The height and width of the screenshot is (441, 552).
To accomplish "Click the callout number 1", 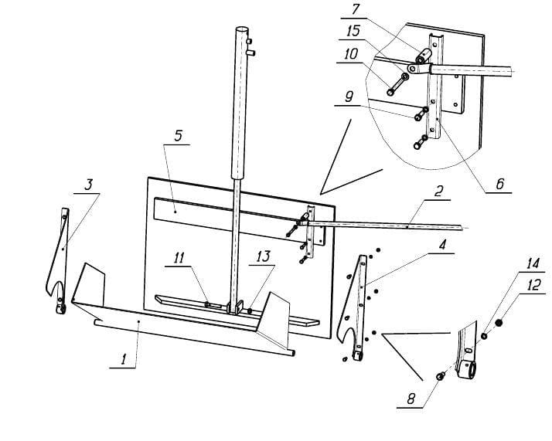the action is pyautogui.click(x=123, y=360).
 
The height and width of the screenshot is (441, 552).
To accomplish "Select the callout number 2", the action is pyautogui.click(x=438, y=192).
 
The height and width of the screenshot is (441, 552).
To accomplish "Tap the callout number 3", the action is pyautogui.click(x=88, y=185).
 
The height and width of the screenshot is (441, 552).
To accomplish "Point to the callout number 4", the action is pyautogui.click(x=442, y=244).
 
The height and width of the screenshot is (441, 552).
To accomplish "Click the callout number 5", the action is pyautogui.click(x=179, y=136).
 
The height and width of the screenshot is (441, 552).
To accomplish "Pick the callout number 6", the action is pyautogui.click(x=500, y=184).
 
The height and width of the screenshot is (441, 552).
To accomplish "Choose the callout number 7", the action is pyautogui.click(x=356, y=9).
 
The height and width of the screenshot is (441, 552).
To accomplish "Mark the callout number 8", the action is pyautogui.click(x=411, y=399).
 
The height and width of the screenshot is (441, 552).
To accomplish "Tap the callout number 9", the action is pyautogui.click(x=349, y=97).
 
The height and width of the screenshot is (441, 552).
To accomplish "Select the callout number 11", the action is pyautogui.click(x=179, y=258).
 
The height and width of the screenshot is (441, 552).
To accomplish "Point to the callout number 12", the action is pyautogui.click(x=534, y=284).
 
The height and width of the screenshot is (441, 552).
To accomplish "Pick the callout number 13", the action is pyautogui.click(x=263, y=256).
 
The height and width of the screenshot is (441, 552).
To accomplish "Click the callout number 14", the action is pyautogui.click(x=533, y=263).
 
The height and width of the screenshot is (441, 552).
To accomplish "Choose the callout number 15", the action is pyautogui.click(x=353, y=31).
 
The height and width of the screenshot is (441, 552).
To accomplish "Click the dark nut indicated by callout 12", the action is pyautogui.click(x=498, y=323).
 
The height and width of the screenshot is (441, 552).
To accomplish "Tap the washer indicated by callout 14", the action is pyautogui.click(x=484, y=336).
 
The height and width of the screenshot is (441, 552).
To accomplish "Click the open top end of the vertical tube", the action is pyautogui.click(x=241, y=29).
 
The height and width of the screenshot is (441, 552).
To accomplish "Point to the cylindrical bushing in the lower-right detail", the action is pyautogui.click(x=466, y=370).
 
